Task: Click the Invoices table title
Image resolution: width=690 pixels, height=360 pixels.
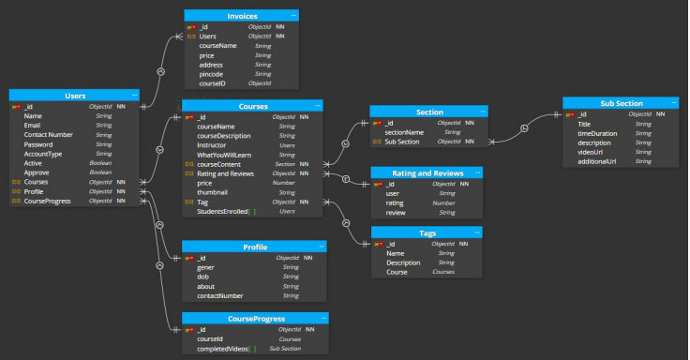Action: (242, 16)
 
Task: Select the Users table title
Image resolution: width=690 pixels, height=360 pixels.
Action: (74, 96)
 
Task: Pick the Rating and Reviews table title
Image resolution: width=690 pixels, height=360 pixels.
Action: (427, 172)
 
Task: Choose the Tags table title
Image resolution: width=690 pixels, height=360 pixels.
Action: (427, 232)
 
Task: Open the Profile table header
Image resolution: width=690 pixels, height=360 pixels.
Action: (254, 247)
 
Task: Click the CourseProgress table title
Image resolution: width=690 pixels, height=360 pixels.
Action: (254, 319)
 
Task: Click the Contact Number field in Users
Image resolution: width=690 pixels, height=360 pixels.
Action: (48, 135)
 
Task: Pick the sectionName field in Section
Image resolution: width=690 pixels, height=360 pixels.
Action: (406, 132)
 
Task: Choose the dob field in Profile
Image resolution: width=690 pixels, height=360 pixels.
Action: (203, 277)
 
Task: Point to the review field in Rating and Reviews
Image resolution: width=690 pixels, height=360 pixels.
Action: (397, 213)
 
